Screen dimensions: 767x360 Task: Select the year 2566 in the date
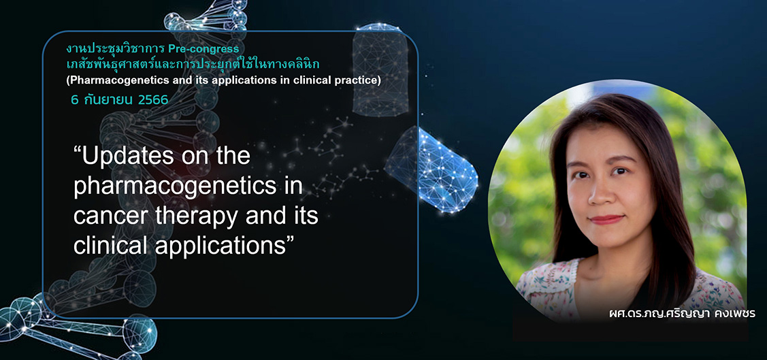153,100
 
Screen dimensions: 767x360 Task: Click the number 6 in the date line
75,100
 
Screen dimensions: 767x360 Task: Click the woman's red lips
606,220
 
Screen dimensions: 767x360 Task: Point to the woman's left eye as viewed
581,175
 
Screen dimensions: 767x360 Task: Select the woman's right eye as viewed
620,171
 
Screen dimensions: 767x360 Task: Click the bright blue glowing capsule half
431,169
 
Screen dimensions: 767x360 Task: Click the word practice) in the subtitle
361,81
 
